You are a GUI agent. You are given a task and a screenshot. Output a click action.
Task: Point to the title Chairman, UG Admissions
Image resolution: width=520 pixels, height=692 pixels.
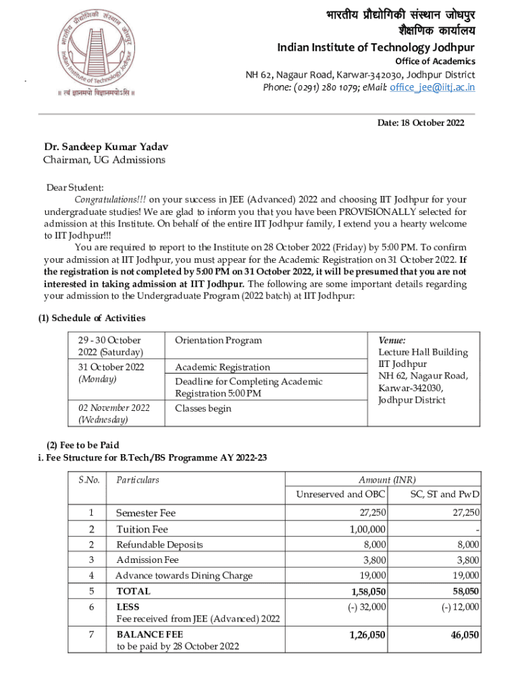104,159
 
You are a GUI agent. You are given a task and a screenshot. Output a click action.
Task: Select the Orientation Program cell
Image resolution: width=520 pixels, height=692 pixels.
218,340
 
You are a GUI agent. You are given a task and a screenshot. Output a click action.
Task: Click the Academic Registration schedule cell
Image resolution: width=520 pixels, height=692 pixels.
222,367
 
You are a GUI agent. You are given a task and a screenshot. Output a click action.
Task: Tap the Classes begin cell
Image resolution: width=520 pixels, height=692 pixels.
203,408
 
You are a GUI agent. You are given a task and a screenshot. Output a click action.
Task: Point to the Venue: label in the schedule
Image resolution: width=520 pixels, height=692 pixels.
392,341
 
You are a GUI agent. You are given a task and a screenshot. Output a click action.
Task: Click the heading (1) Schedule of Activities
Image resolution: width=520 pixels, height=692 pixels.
91,318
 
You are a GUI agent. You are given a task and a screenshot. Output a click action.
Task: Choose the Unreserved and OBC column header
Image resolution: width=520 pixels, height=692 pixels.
340,494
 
